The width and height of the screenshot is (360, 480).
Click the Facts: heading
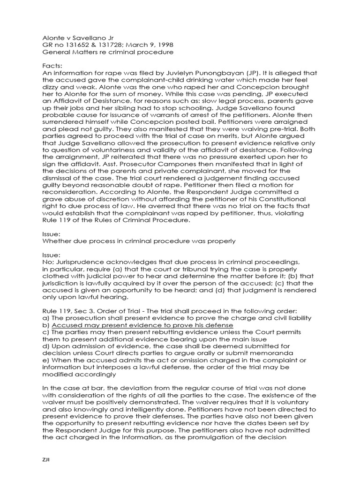tap(52, 66)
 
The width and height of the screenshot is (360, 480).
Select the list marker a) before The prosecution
tap(45, 318)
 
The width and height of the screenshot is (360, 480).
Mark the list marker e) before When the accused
tap(45, 360)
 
